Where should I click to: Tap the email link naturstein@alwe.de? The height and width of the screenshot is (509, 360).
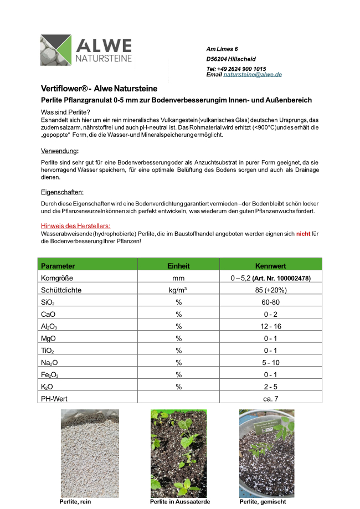pyautogui.click(x=253, y=74)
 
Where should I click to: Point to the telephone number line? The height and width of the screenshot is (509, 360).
pyautogui.click(x=236, y=69)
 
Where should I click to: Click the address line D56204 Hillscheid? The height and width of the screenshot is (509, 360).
pyautogui.click(x=231, y=59)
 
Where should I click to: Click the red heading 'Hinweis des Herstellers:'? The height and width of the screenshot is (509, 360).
pyautogui.click(x=76, y=226)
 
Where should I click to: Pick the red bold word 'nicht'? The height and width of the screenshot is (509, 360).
pyautogui.click(x=303, y=234)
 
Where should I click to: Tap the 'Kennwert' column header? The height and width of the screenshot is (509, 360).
pyautogui.click(x=270, y=266)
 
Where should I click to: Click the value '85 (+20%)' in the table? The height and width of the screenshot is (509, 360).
pyautogui.click(x=270, y=290)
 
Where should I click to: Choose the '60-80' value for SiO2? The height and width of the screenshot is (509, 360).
pyautogui.click(x=270, y=302)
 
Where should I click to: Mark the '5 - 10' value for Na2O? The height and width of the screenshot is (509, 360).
pyautogui.click(x=270, y=362)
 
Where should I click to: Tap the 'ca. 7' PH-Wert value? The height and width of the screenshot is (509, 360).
pyautogui.click(x=270, y=398)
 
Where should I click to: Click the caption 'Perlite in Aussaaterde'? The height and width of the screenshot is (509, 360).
pyautogui.click(x=180, y=502)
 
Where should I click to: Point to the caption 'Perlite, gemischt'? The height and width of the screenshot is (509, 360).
pyautogui.click(x=263, y=502)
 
